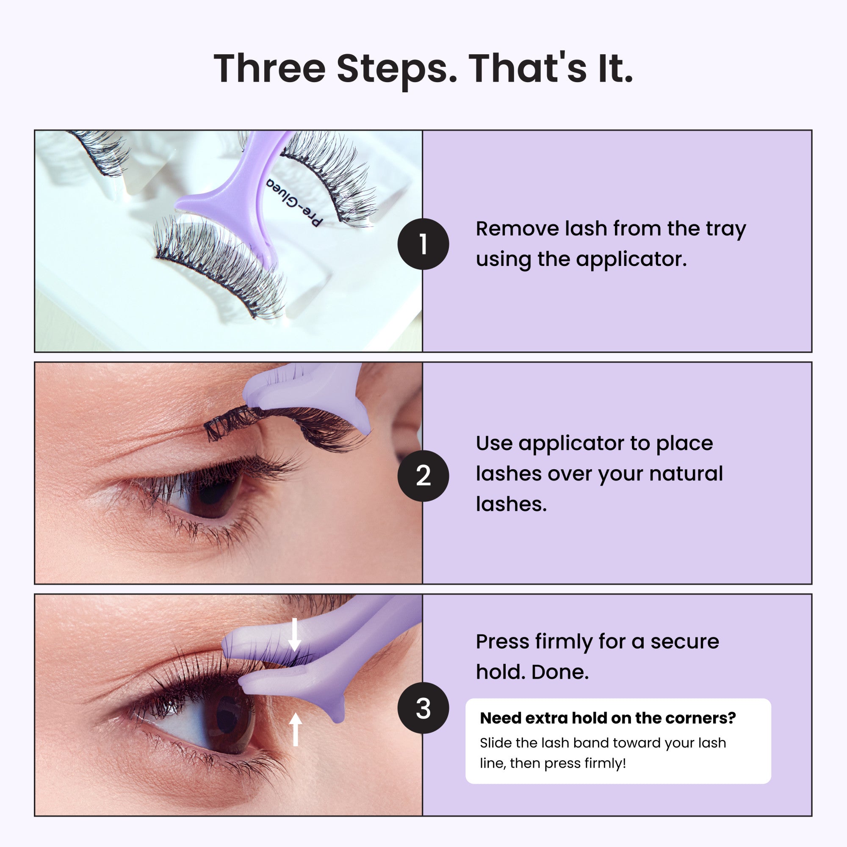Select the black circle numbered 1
[x=423, y=244]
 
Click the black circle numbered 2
[x=423, y=476]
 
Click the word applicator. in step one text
[x=631, y=260]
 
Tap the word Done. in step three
[x=560, y=672]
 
